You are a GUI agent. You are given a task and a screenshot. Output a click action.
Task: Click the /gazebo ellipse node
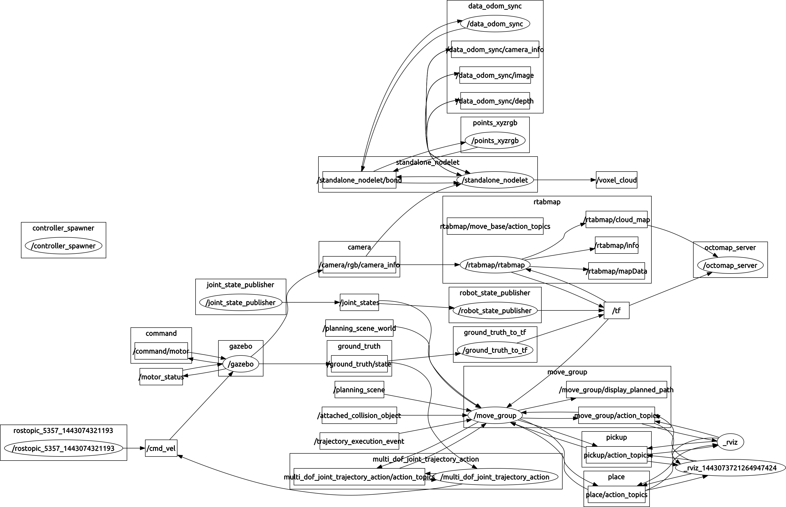tap(241, 364)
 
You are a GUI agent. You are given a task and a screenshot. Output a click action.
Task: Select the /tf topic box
tap(616, 310)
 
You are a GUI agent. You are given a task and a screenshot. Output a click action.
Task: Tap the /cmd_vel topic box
tap(161, 448)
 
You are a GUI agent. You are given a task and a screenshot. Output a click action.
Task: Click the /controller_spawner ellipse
tap(63, 246)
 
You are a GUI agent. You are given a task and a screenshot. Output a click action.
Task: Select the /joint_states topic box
tap(359, 302)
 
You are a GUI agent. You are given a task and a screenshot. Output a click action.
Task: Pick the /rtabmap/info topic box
tap(616, 245)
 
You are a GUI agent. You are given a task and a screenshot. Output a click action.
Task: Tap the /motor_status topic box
tap(161, 377)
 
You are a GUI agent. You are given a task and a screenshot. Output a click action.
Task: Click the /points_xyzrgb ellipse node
tap(495, 141)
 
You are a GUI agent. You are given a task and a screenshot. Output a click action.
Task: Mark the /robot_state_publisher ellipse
tap(495, 310)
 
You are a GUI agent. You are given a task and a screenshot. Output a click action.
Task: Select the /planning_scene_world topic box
tap(359, 328)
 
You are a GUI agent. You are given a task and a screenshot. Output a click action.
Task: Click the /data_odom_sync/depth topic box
tap(495, 101)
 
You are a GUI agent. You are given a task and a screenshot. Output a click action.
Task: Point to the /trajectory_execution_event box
tap(359, 441)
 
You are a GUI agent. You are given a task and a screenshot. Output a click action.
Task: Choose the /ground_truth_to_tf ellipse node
tap(495, 350)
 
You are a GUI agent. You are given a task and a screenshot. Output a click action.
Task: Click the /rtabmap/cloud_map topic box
tap(616, 220)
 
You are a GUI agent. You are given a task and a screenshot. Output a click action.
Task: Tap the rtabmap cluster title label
tap(547, 202)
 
